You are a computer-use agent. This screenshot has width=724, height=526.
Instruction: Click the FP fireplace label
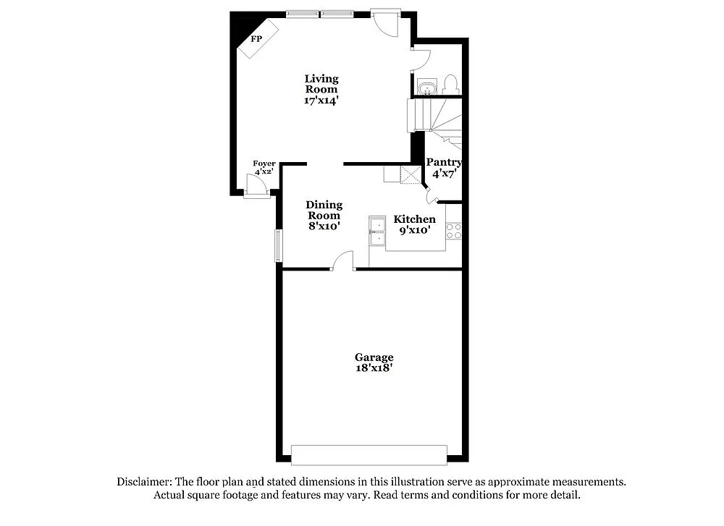[x=256, y=38]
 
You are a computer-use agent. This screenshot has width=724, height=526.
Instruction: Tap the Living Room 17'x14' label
[x=321, y=90]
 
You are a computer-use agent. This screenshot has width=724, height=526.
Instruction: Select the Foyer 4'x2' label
[x=264, y=168]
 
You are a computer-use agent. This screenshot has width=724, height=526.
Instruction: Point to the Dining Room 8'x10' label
[x=324, y=215]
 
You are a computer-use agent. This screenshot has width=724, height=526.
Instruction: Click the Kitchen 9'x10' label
[x=414, y=224]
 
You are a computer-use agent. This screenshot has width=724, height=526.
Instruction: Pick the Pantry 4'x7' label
[x=443, y=168]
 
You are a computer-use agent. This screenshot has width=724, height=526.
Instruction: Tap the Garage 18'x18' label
[x=374, y=362]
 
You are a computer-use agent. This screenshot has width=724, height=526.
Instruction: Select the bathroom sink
[x=427, y=88]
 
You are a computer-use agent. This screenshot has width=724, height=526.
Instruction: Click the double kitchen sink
[x=377, y=231]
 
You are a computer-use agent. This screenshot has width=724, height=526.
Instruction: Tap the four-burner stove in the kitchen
[x=454, y=231]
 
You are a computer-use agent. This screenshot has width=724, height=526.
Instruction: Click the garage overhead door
[x=369, y=455]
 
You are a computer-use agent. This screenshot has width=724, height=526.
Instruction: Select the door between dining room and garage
[x=343, y=261]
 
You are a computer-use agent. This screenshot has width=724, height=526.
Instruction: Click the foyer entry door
[x=256, y=187]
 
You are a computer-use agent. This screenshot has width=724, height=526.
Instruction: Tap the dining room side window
[x=278, y=245]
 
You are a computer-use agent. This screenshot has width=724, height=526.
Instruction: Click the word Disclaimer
[x=142, y=482]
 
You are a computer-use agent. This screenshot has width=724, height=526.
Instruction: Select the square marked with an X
[x=411, y=174]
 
